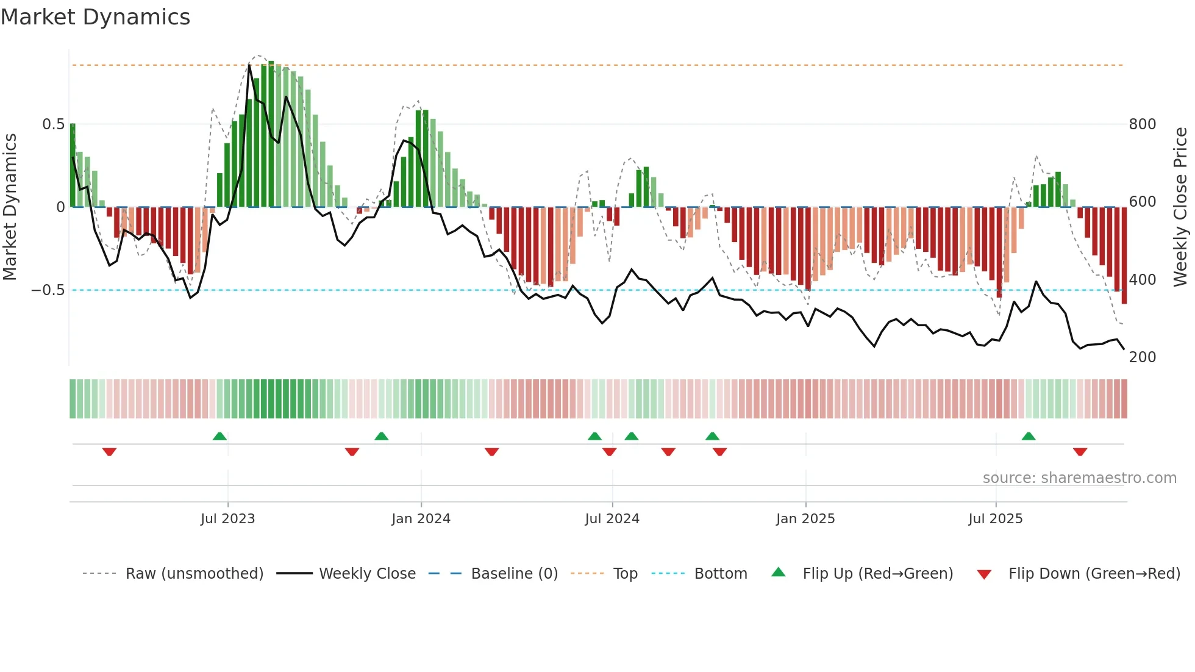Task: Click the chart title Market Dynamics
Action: click(x=95, y=17)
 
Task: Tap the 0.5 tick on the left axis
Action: click(x=53, y=124)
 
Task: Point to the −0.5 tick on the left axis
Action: click(x=48, y=290)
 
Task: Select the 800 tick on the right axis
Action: click(x=1142, y=124)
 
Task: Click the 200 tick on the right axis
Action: click(x=1142, y=357)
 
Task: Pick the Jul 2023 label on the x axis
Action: click(x=227, y=519)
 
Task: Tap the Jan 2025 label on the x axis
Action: click(x=805, y=519)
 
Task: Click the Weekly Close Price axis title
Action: click(x=1180, y=207)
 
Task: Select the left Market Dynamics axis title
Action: click(x=10, y=207)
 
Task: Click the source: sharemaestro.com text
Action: click(x=1079, y=478)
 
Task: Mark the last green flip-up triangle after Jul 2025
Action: click(x=1029, y=436)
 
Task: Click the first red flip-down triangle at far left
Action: click(x=109, y=452)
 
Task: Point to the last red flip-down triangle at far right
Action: click(x=1080, y=452)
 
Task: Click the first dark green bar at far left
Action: click(x=73, y=165)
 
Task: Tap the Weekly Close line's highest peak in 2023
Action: click(x=249, y=65)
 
